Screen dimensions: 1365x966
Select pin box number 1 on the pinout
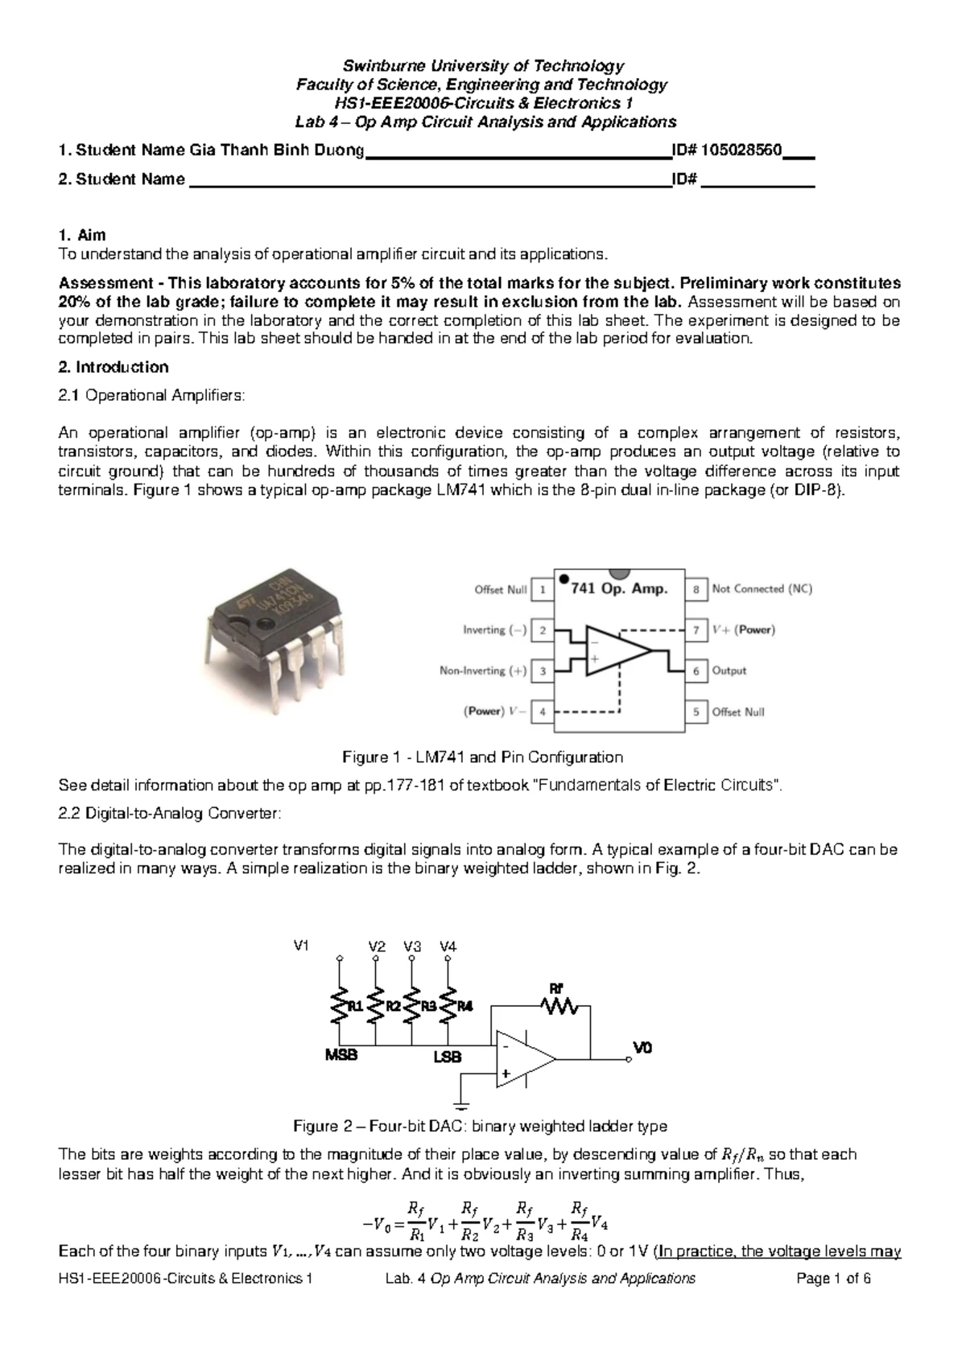pyautogui.click(x=543, y=590)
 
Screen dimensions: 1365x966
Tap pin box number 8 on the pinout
pyautogui.click(x=696, y=589)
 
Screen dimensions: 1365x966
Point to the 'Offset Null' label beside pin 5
pyautogui.click(x=738, y=711)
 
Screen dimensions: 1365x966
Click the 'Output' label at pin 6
pyautogui.click(x=729, y=670)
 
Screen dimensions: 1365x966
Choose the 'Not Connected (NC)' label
pyautogui.click(x=762, y=589)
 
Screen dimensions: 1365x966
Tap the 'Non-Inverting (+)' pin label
pyautogui.click(x=484, y=670)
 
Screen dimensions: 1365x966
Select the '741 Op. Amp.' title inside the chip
pyautogui.click(x=619, y=588)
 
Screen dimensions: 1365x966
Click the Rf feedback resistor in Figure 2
pyautogui.click(x=559, y=1005)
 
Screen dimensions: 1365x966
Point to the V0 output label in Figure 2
pyautogui.click(x=642, y=1049)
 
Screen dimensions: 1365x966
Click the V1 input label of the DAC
pyautogui.click(x=303, y=946)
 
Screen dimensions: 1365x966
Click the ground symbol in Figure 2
pyautogui.click(x=460, y=1103)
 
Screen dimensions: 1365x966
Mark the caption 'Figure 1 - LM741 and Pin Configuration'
pyautogui.click(x=483, y=757)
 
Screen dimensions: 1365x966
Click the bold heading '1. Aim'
pyautogui.click(x=83, y=236)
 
